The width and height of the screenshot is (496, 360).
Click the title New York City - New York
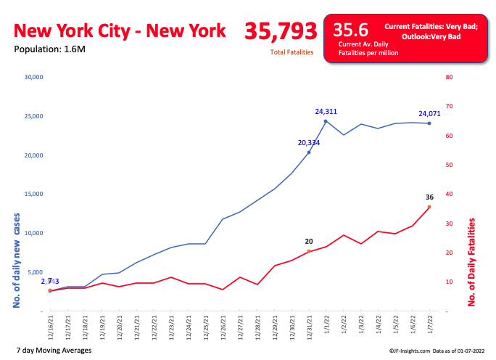tap(120, 31)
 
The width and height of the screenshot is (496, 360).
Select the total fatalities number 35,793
tap(281, 31)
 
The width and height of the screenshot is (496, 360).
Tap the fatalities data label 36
tap(429, 197)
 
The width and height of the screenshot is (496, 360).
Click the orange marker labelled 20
tap(309, 251)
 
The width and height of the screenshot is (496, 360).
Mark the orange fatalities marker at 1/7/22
tap(429, 207)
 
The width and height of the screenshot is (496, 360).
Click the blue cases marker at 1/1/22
tap(326, 121)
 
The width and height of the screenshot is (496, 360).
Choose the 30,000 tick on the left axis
tap(35, 77)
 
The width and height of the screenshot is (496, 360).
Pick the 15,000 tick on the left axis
tap(35, 194)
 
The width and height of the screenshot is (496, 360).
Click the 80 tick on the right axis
tap(449, 77)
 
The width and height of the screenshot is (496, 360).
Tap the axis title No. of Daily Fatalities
tap(472, 262)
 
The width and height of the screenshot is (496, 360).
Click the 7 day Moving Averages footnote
tap(53, 350)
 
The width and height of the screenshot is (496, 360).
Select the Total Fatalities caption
tap(292, 52)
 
